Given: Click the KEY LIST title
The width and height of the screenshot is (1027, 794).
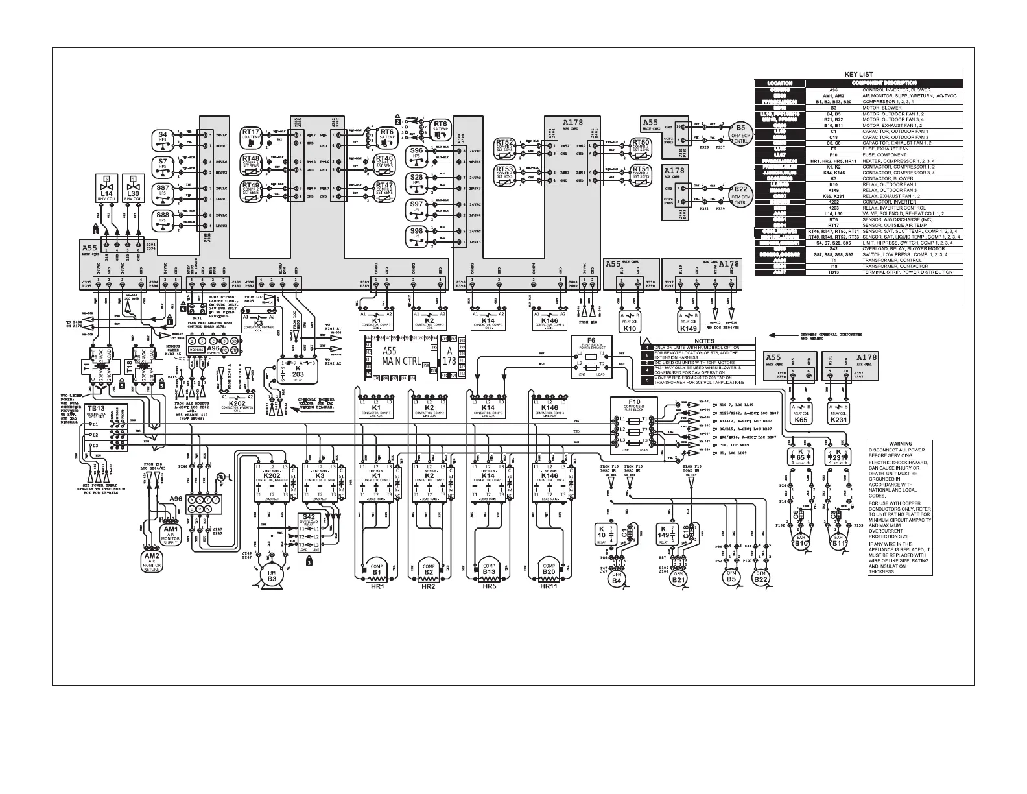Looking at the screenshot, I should [x=859, y=75].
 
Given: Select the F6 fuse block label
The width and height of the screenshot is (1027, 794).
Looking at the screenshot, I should [x=591, y=341].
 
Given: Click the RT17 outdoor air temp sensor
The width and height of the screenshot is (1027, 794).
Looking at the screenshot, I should [x=251, y=134].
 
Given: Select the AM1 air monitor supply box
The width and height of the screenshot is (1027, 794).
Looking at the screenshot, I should [x=170, y=535].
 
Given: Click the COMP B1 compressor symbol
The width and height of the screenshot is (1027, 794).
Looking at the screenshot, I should [x=376, y=568].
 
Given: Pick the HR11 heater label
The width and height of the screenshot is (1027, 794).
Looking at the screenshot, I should [x=549, y=587].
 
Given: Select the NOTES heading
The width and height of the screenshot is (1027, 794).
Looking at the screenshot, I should [x=703, y=341].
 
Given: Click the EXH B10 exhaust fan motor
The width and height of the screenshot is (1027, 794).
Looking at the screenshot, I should [x=802, y=542].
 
